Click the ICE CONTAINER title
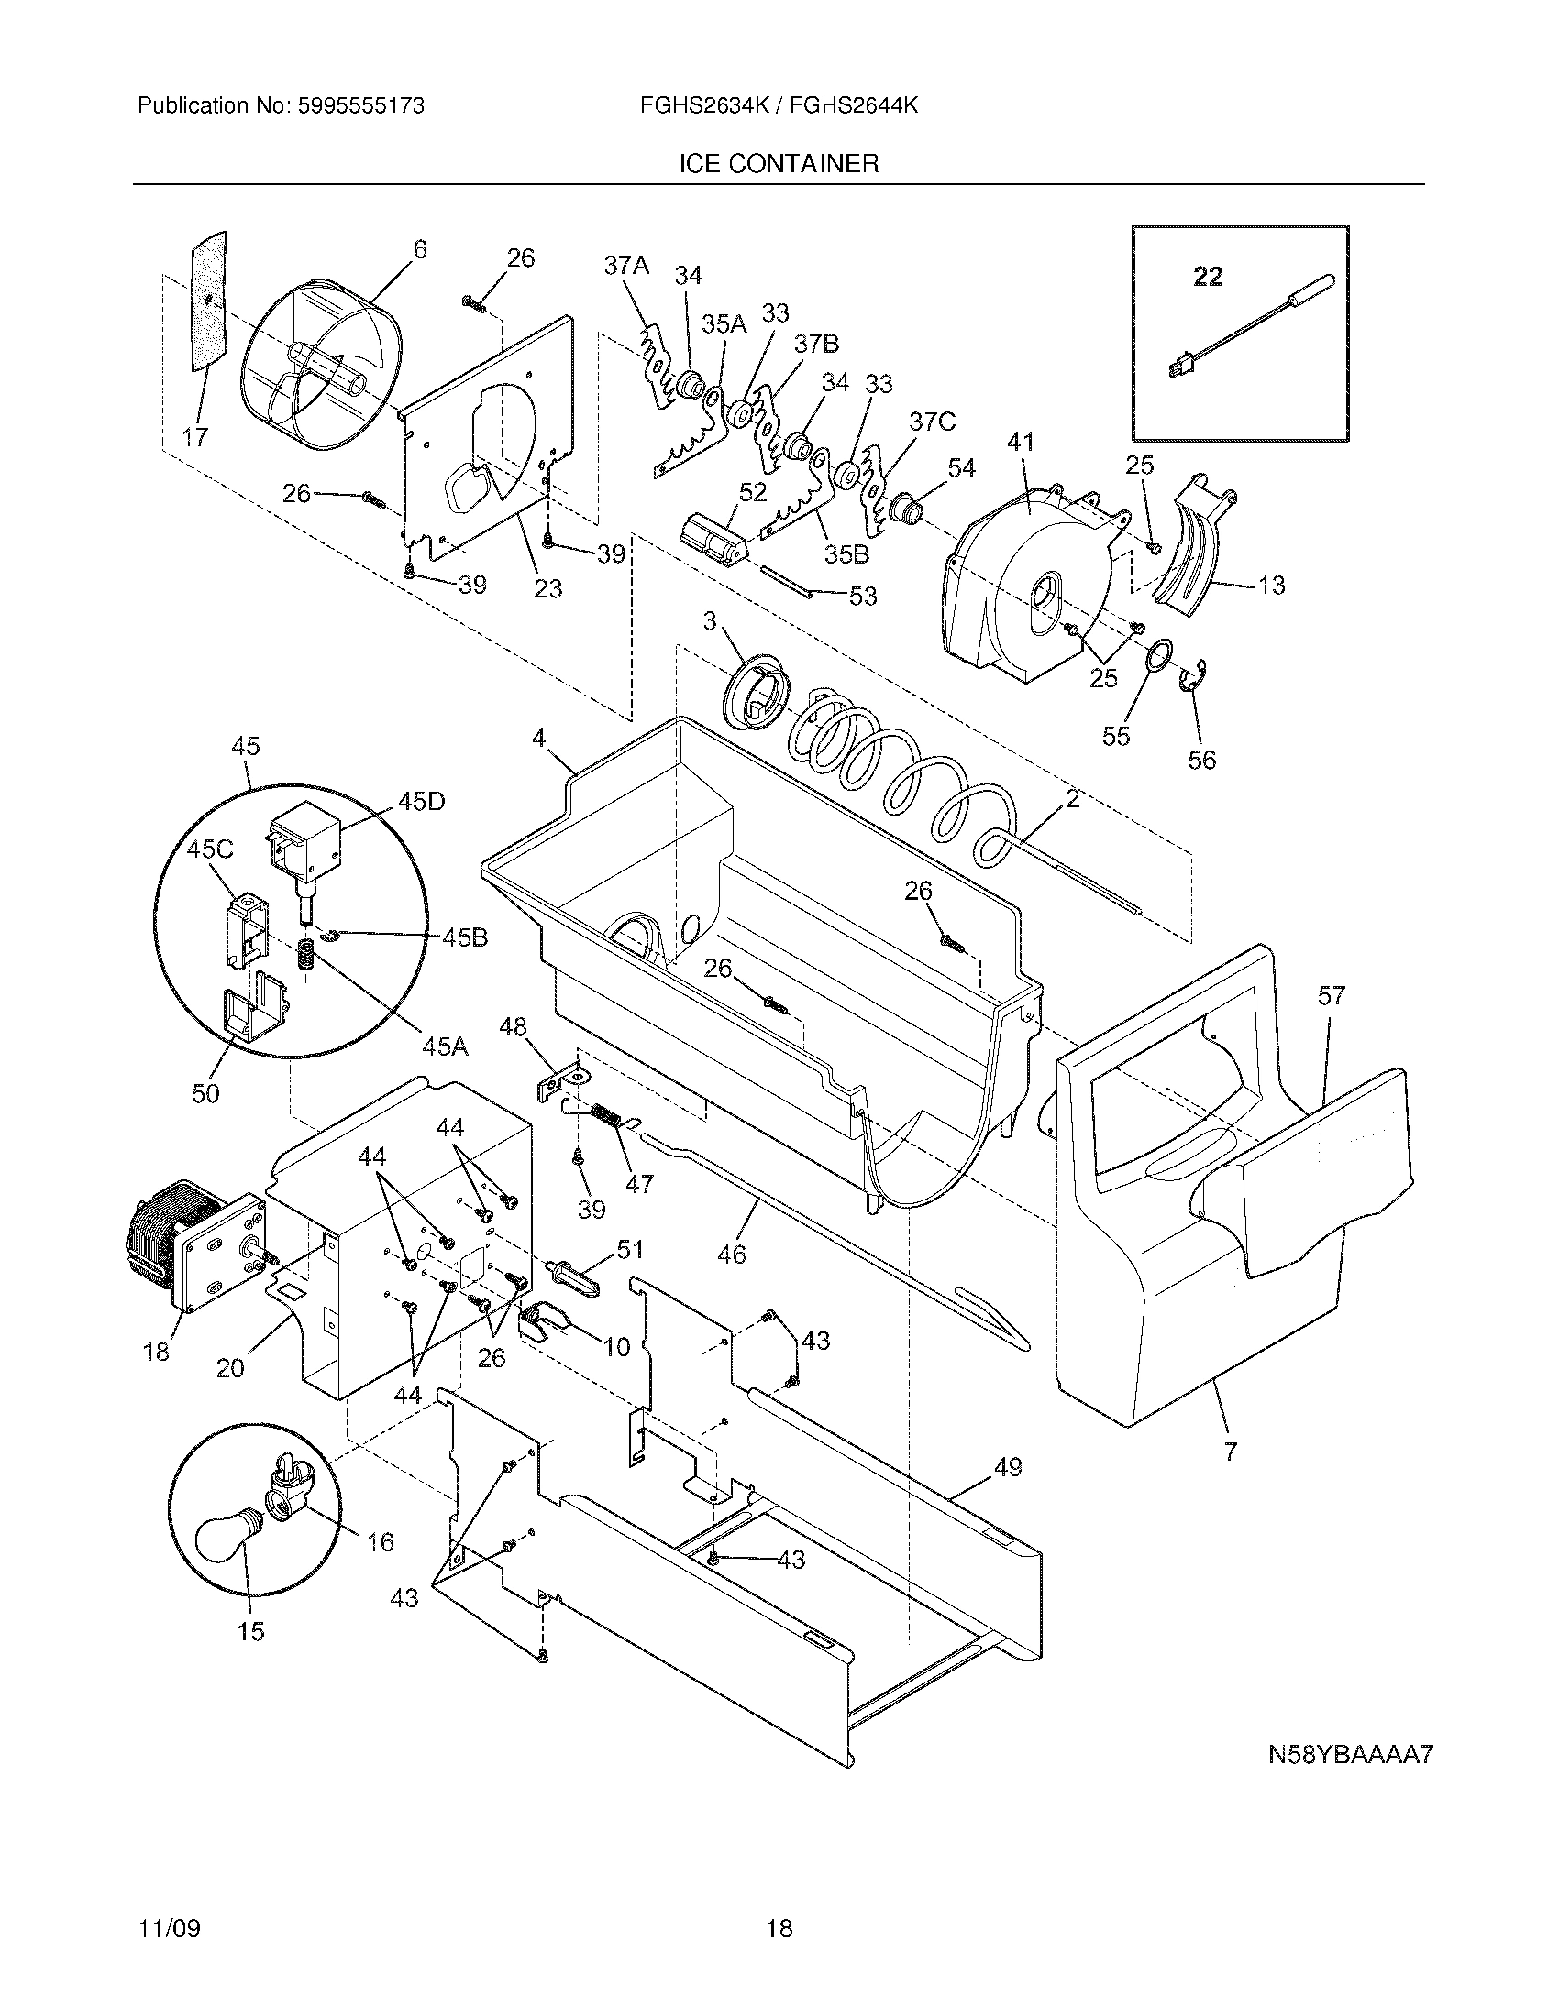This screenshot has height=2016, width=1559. click(779, 164)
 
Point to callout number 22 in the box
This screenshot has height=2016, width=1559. click(1207, 276)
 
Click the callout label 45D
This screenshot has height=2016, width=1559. click(421, 801)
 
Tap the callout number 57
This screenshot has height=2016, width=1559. click(1332, 995)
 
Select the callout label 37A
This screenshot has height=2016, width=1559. click(626, 266)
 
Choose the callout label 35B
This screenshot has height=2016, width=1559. click(847, 554)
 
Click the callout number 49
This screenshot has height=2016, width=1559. click(1009, 1466)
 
